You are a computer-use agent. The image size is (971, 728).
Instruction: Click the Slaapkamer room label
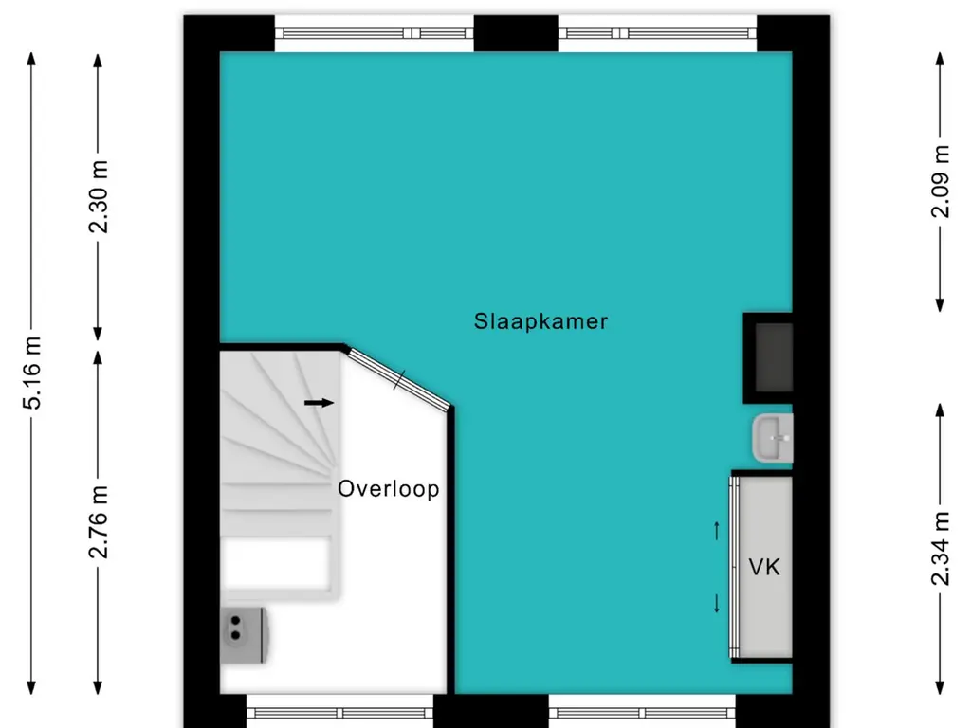[x=540, y=321]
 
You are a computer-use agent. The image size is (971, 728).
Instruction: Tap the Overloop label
[x=389, y=488]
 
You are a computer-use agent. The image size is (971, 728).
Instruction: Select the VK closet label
[x=764, y=567]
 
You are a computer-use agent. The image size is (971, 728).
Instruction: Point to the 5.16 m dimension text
[x=31, y=373]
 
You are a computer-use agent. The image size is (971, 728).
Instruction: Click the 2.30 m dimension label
[x=99, y=196]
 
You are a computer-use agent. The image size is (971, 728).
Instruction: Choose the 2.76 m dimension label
[x=99, y=522]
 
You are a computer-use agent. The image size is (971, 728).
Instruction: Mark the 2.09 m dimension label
[x=940, y=181]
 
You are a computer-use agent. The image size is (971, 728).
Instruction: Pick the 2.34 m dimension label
[x=940, y=549]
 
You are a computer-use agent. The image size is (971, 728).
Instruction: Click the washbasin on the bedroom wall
[x=772, y=438]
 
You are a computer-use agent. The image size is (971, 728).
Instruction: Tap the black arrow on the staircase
[x=319, y=403]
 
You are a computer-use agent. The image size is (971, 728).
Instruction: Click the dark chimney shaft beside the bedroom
[x=768, y=358]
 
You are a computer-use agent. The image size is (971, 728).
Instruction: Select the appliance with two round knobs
[x=244, y=634]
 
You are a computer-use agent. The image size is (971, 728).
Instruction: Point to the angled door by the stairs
[x=399, y=379]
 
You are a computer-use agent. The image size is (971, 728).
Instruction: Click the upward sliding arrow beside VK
[x=717, y=531]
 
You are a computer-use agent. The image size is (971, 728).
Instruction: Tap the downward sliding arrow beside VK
[x=717, y=604]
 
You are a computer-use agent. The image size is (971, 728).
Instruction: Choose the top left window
[x=374, y=33]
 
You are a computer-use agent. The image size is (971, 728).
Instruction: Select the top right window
[x=657, y=33]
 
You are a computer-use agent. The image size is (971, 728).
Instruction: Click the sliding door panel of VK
[x=735, y=567]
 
